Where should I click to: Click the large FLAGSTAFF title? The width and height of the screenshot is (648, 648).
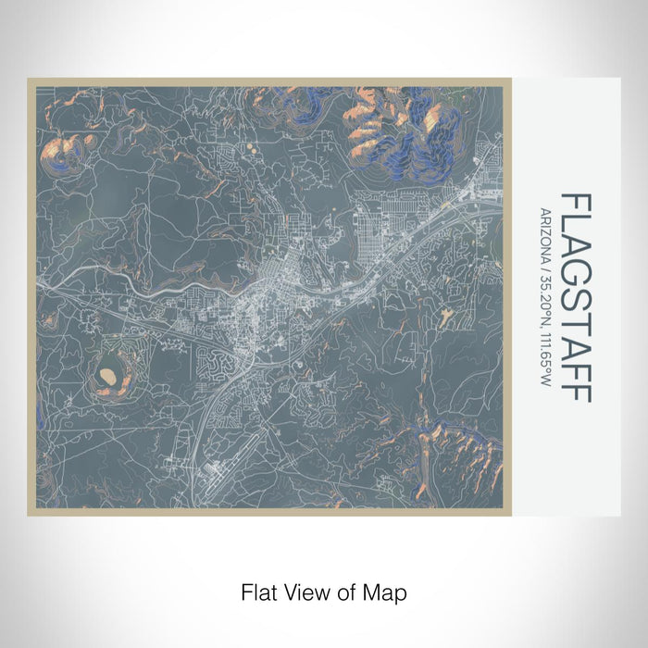[x=575, y=297]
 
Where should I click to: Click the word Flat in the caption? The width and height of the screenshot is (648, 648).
[x=257, y=591]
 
